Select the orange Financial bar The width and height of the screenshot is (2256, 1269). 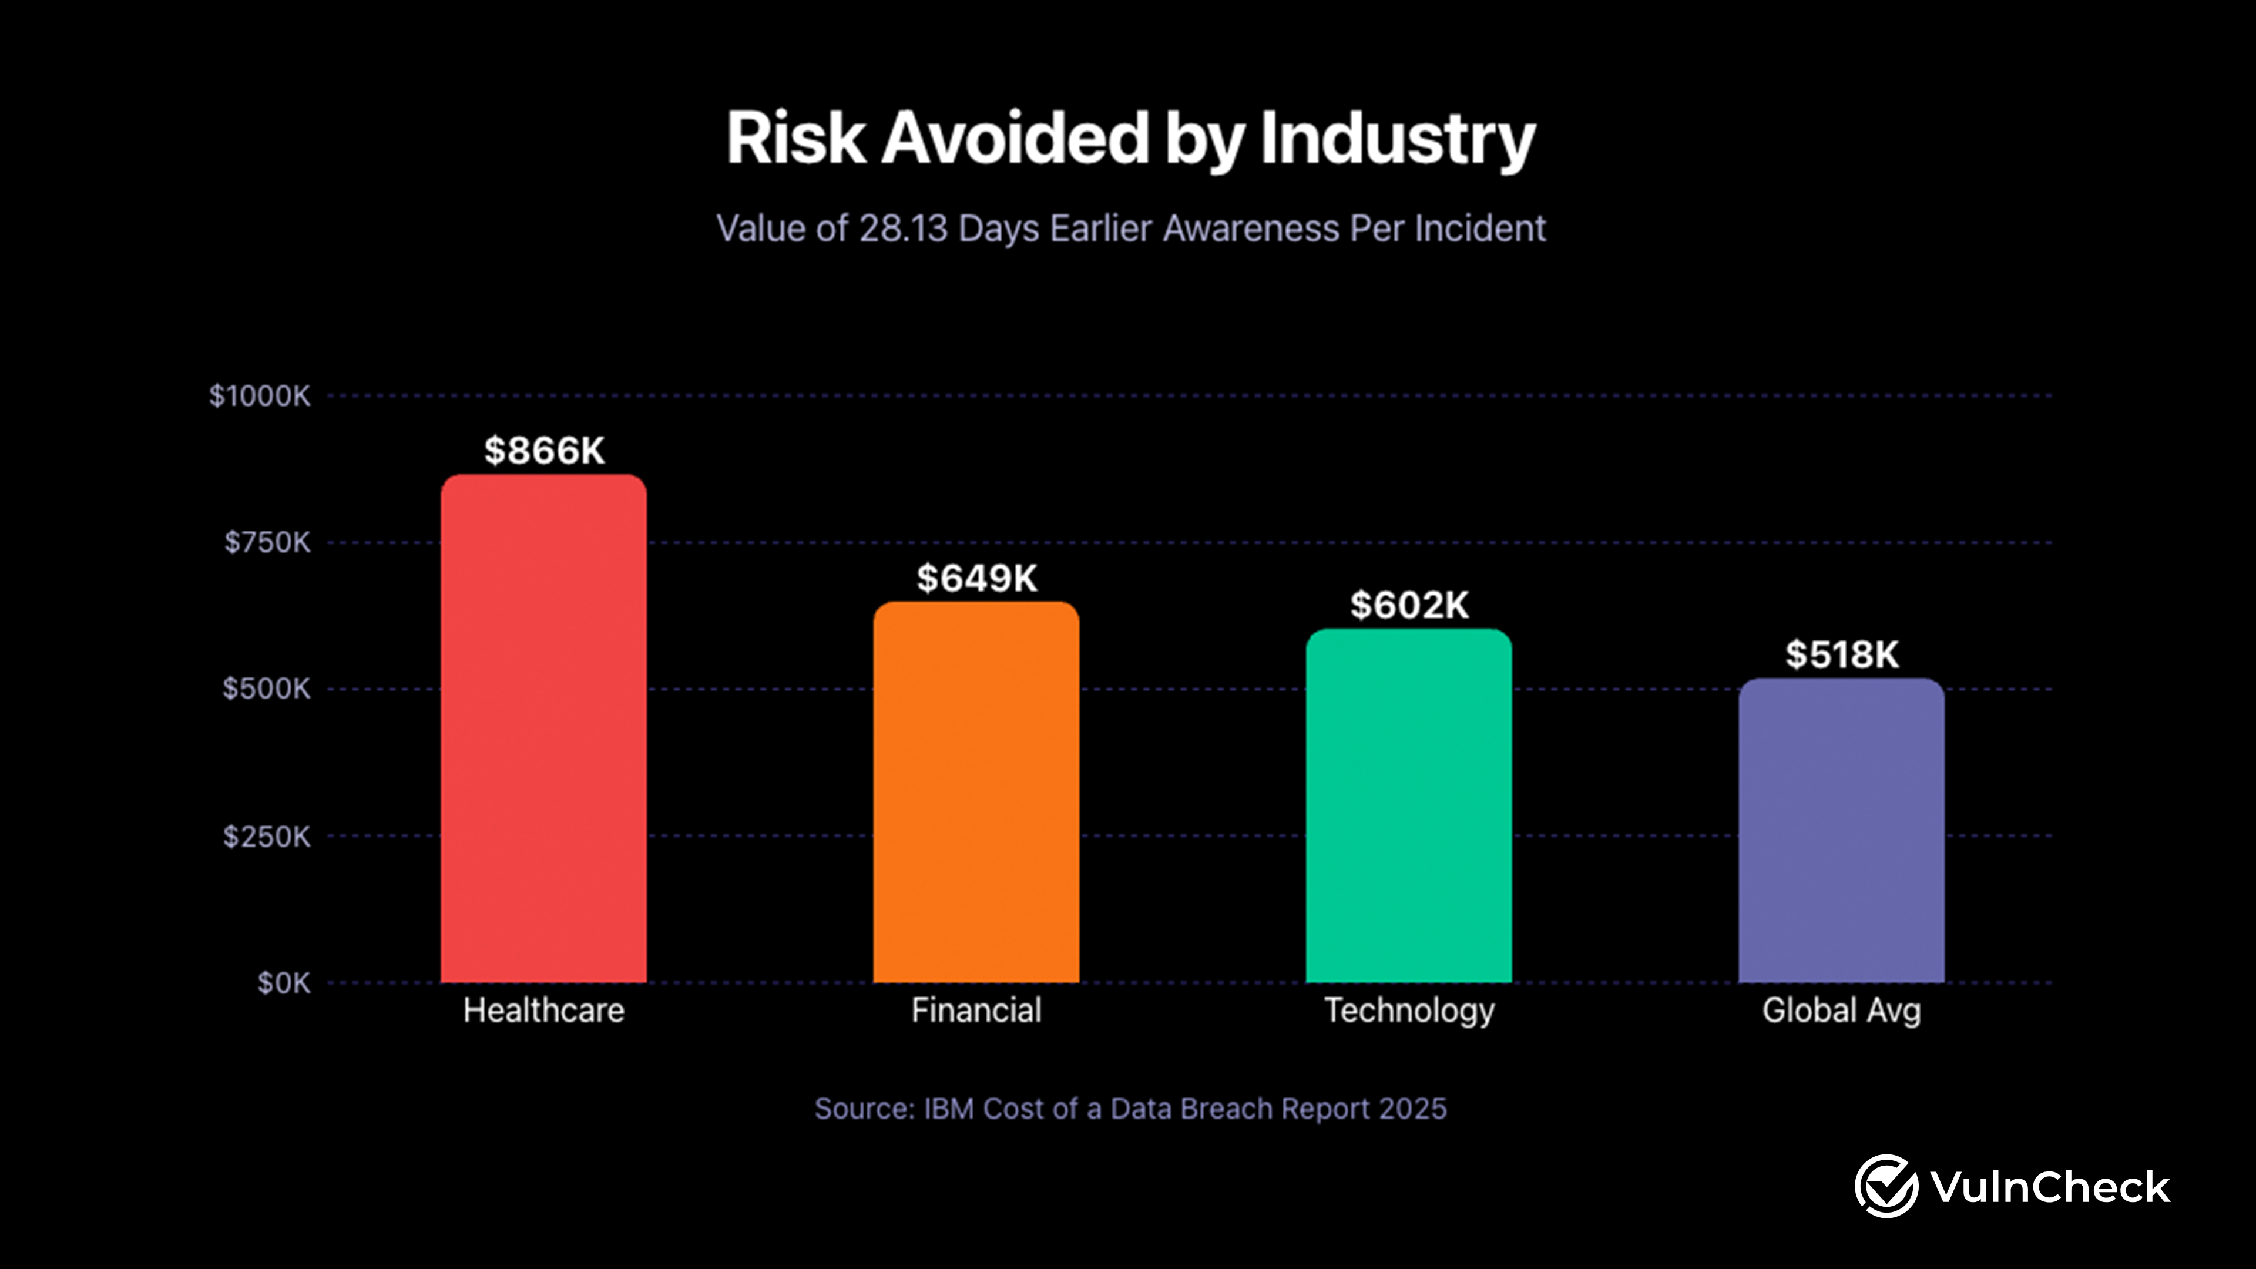976,793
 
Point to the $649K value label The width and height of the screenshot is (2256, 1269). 976,579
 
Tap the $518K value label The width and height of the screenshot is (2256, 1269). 1842,655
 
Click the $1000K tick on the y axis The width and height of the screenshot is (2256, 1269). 259,396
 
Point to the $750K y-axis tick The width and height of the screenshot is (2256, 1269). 267,543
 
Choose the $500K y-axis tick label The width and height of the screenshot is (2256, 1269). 266,689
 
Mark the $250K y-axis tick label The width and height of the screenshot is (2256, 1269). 266,837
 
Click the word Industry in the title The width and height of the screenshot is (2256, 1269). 1397,139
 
